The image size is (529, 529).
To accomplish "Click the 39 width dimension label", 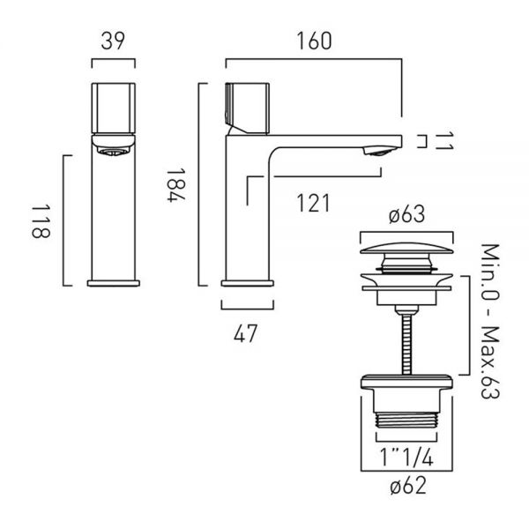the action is (113, 41).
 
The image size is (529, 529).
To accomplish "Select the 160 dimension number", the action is (314, 41).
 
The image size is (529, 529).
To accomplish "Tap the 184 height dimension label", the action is (176, 185).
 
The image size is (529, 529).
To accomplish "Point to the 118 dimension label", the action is (41, 221).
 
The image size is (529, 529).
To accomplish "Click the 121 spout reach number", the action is (313, 203).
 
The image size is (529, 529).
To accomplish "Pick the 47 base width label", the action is (246, 333).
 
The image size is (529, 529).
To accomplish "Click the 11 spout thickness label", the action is (444, 142).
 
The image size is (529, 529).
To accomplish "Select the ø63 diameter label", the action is (406, 214).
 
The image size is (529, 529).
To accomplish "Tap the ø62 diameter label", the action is (408, 486).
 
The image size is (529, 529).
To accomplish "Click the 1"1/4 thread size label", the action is (406, 457).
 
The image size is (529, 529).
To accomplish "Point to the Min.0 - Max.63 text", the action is (490, 321).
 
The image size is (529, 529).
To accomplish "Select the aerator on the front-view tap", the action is (114, 151).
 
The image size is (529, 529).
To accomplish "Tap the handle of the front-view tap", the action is (114, 108).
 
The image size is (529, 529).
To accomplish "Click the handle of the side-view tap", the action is (247, 108).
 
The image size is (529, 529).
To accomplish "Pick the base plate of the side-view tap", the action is (247, 283).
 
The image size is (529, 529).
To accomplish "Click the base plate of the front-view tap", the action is (114, 283).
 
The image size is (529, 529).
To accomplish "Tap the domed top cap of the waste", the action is (406, 248).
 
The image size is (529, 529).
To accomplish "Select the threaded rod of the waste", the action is (406, 343).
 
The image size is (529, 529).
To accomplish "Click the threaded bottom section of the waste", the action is (406, 421).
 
